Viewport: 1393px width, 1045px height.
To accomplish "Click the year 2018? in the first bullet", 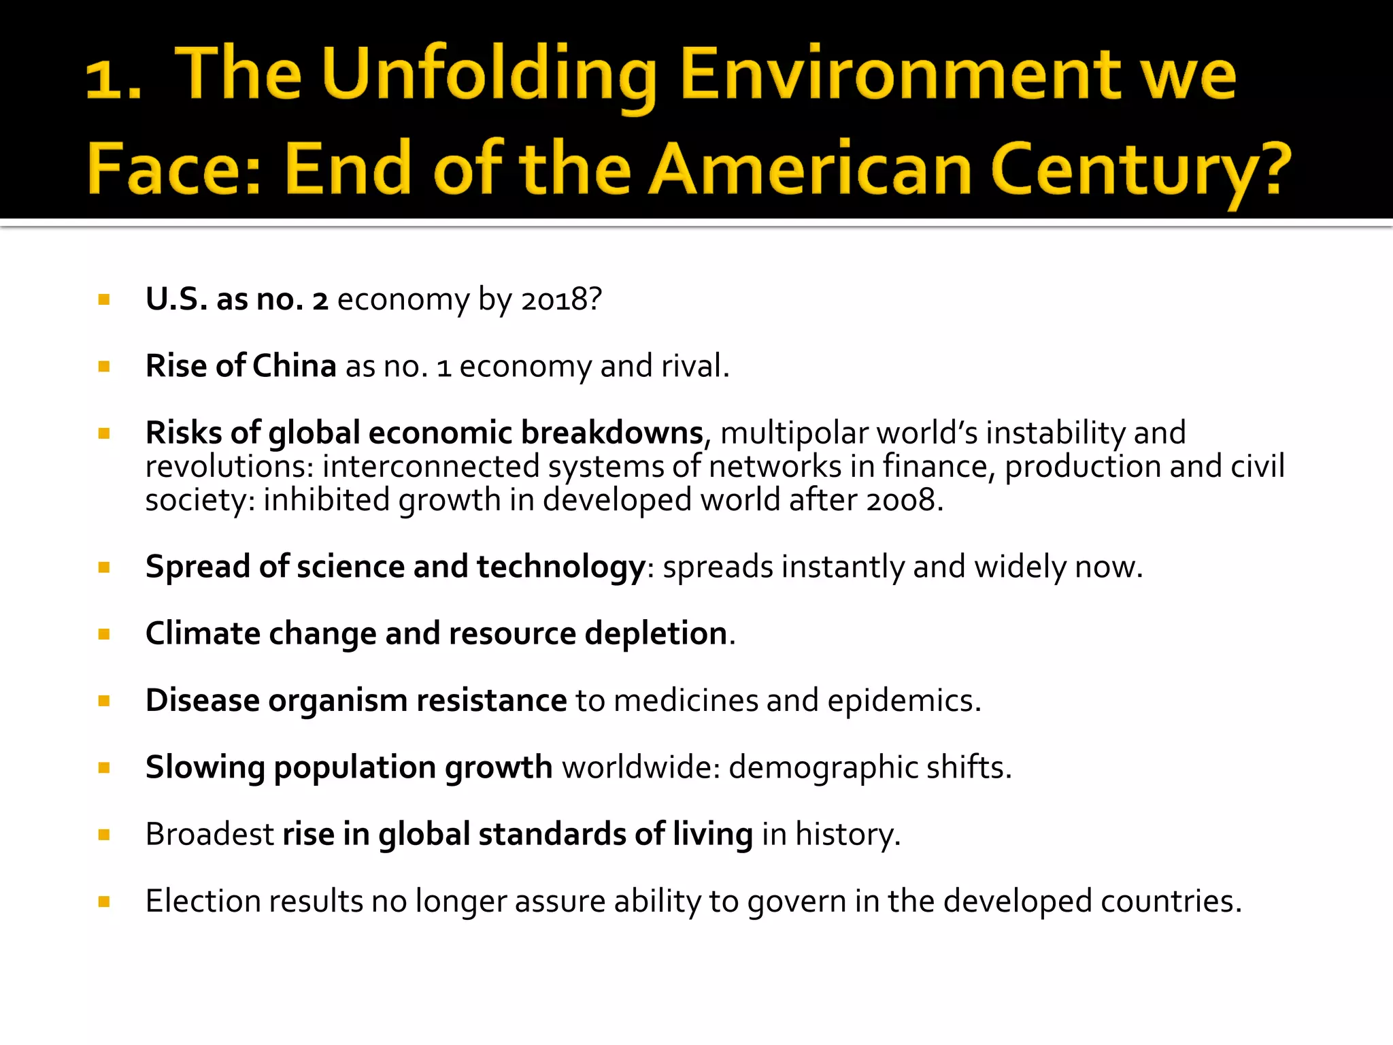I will click(x=562, y=299).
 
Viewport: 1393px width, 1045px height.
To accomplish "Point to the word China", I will click(x=295, y=366).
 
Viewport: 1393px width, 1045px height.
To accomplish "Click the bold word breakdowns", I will click(x=611, y=433).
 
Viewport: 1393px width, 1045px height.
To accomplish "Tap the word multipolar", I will click(x=794, y=433).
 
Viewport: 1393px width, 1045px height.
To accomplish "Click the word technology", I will click(x=560, y=567).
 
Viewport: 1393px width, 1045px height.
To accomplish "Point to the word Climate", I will click(x=203, y=633).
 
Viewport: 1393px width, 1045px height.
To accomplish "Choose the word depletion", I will click(x=656, y=633).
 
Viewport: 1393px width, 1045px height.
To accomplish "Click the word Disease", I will click(x=203, y=700).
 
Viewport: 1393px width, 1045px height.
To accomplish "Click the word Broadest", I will click(x=209, y=834).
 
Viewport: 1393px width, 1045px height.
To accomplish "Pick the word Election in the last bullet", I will click(x=203, y=901).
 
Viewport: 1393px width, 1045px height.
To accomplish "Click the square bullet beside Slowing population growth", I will click(x=104, y=768).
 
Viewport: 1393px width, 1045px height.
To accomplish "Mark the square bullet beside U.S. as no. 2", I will click(x=104, y=299).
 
